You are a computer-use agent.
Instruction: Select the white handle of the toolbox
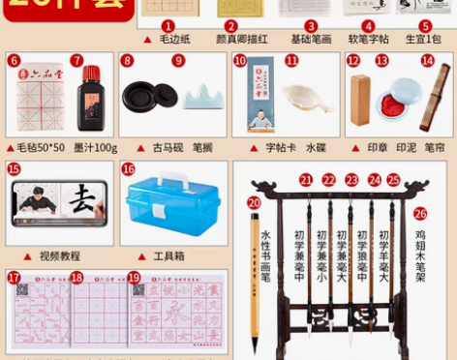[174, 182]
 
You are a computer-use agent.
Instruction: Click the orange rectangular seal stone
[360, 101]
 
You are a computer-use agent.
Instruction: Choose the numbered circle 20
[254, 203]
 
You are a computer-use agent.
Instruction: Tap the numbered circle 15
[14, 169]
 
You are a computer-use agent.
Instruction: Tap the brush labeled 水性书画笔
[256, 281]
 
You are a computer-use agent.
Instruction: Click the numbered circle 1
[168, 26]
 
